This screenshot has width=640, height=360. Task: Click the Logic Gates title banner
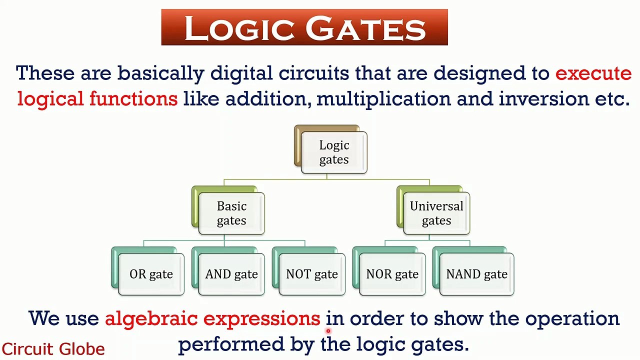(x=304, y=27)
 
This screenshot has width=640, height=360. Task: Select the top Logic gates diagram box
(x=334, y=152)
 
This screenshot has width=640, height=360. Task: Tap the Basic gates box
(x=231, y=213)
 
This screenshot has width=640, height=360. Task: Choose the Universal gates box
(x=436, y=213)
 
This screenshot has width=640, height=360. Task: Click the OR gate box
(x=151, y=274)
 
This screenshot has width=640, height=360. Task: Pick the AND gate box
(x=231, y=274)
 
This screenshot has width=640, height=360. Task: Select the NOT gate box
(x=312, y=274)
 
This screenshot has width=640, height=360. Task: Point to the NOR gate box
(x=392, y=274)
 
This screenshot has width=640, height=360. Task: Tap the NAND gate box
(x=476, y=274)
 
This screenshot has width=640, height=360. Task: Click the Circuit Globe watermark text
(x=53, y=348)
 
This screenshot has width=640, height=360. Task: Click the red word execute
(x=593, y=73)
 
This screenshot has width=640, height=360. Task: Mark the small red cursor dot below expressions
(x=328, y=330)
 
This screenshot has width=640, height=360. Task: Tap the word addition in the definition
(x=265, y=98)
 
